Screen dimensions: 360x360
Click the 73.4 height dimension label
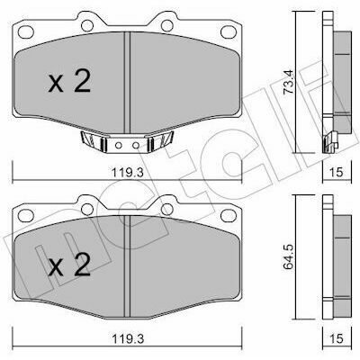[290, 82]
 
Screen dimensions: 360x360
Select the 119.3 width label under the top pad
[128, 173]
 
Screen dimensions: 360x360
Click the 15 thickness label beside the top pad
[336, 173]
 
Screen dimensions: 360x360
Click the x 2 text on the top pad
[69, 82]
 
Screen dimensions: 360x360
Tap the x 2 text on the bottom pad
[69, 265]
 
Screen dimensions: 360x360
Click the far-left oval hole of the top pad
[26, 31]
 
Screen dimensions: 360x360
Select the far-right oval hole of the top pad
[229, 31]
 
